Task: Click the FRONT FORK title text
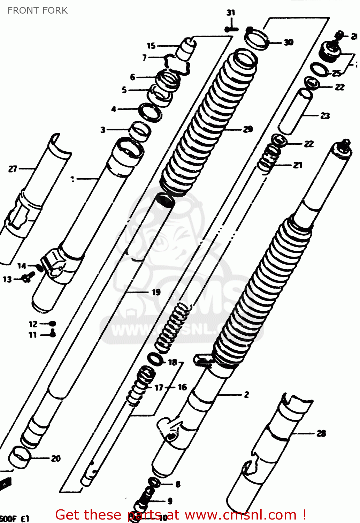click(37, 10)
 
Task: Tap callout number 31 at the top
click(231, 13)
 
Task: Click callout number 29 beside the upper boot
click(248, 129)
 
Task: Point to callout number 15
click(151, 46)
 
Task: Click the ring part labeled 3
click(140, 131)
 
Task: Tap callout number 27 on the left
click(13, 169)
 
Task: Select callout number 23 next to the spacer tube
click(325, 116)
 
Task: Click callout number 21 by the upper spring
click(297, 165)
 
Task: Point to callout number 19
click(156, 292)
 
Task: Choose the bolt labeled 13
click(26, 279)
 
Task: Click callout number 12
click(33, 324)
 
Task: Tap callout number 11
click(32, 335)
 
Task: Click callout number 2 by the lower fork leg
click(246, 395)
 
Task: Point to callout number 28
click(321, 433)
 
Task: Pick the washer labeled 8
click(154, 483)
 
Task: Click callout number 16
click(182, 387)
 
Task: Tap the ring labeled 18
click(155, 359)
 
